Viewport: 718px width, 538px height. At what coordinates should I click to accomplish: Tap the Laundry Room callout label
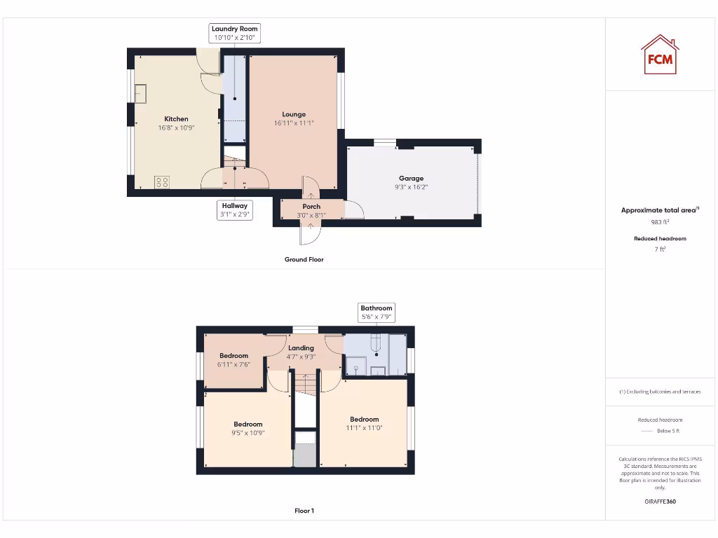[x=235, y=33]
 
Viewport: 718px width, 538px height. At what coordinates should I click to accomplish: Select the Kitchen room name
[x=176, y=119]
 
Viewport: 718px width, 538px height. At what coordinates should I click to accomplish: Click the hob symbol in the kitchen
[x=162, y=182]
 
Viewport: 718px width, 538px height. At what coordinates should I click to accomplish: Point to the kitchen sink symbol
[x=140, y=93]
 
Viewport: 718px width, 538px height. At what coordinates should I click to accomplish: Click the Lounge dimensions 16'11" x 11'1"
[x=294, y=123]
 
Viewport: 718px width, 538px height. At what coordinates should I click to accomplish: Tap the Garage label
[x=412, y=179]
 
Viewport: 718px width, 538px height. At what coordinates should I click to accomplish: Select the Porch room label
[x=311, y=207]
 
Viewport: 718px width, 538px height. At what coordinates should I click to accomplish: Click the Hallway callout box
[x=235, y=210]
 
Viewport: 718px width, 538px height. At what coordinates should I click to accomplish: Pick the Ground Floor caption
[x=304, y=259]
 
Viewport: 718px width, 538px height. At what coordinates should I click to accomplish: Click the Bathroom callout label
[x=377, y=312]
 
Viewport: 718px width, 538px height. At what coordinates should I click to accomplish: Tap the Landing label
[x=301, y=348]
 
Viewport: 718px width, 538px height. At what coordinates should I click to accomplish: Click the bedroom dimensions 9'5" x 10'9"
[x=248, y=433]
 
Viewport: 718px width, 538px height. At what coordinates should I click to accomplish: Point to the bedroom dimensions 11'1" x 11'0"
[x=365, y=428]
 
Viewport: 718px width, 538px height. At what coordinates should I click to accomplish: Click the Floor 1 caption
[x=304, y=511]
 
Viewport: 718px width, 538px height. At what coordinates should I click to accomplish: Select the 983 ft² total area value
[x=660, y=222]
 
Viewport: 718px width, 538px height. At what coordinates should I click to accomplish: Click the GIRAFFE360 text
[x=660, y=502]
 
